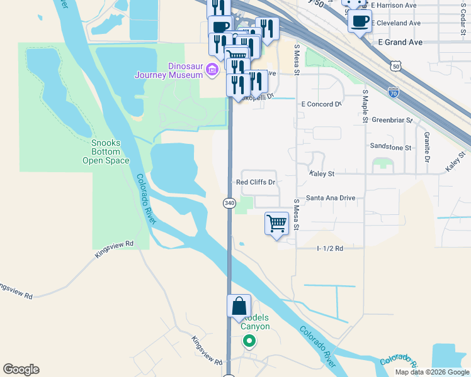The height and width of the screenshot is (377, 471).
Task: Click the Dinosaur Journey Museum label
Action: point(168,70)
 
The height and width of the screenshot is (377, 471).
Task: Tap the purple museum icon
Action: point(213,68)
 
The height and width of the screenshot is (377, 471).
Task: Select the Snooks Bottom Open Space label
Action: point(106,151)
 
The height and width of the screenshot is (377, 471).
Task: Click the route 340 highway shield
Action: point(229,203)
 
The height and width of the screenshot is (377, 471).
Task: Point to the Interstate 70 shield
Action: point(394,91)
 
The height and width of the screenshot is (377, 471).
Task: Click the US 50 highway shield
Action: point(395,65)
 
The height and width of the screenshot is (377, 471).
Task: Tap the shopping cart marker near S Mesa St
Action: point(276,224)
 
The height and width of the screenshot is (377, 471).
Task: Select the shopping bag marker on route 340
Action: point(239,306)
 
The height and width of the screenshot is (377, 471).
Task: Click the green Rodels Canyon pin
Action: point(249,341)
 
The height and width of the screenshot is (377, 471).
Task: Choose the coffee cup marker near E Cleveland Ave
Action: point(360,21)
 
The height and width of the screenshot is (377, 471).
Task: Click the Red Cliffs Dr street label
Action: point(256,182)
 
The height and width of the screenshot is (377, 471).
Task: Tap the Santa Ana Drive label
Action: point(331,197)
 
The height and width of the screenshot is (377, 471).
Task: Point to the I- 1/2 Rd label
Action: point(329,248)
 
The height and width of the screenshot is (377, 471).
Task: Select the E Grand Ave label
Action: point(399,41)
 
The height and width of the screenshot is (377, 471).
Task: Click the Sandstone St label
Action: point(390,148)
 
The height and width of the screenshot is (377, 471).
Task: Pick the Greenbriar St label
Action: point(392,119)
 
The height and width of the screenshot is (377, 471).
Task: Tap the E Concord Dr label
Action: point(321,104)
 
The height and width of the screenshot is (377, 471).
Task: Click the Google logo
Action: point(21,369)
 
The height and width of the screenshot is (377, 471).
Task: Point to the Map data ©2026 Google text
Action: point(432,372)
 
